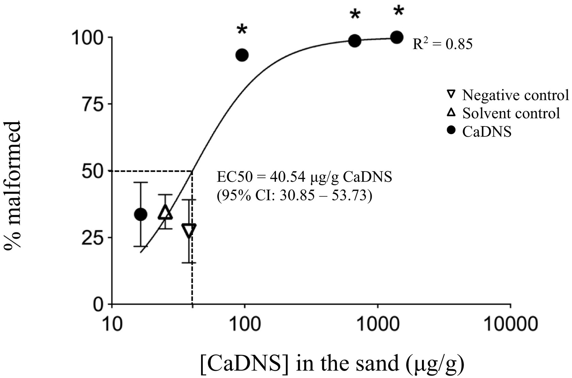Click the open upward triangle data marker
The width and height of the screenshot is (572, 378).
tap(165, 212)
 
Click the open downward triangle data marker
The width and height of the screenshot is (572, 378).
tap(189, 230)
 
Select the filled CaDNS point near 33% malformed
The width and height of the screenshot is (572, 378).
tap(141, 214)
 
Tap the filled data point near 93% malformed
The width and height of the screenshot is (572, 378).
tap(242, 55)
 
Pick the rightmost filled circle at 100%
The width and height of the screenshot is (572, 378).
tap(397, 37)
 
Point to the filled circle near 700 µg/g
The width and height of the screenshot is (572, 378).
tap(355, 41)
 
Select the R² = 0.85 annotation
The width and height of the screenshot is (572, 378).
tap(442, 44)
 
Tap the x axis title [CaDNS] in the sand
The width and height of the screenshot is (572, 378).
tap(332, 364)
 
